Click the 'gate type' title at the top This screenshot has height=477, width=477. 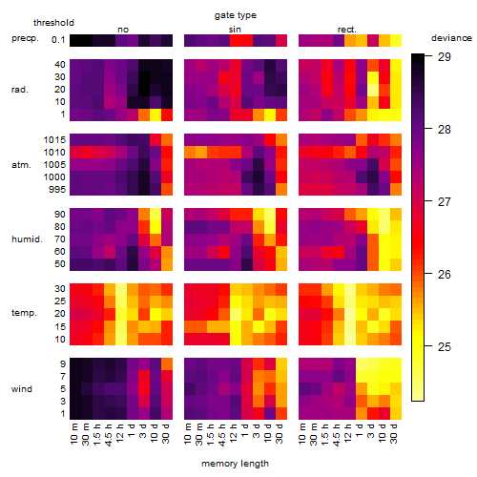pyautogui.click(x=236, y=15)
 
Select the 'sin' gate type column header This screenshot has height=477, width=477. pyautogui.click(x=235, y=30)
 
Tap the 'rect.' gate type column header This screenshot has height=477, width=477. pyautogui.click(x=346, y=30)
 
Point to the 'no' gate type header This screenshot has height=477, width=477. pyautogui.click(x=123, y=30)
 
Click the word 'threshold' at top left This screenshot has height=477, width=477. pyautogui.click(x=53, y=23)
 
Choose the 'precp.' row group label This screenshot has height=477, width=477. pyautogui.click(x=25, y=38)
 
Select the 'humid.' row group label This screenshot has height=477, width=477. pyautogui.click(x=27, y=238)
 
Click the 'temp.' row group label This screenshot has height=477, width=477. pyautogui.click(x=24, y=313)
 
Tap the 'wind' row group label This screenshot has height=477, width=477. pyautogui.click(x=22, y=388)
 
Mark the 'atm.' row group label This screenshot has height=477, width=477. pyautogui.click(x=21, y=165)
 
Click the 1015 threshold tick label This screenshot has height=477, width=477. pyautogui.click(x=54, y=140)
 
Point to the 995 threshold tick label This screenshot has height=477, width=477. pyautogui.click(x=57, y=190)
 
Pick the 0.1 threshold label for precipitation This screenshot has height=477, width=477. pyautogui.click(x=58, y=40)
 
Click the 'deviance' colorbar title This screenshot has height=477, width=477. pyautogui.click(x=451, y=38)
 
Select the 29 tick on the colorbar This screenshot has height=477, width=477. pyautogui.click(x=445, y=57)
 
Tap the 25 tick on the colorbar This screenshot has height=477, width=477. pyautogui.click(x=445, y=346)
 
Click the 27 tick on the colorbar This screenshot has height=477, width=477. pyautogui.click(x=445, y=202)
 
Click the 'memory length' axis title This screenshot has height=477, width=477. pyautogui.click(x=235, y=464)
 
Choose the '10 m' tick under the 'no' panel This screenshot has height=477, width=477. pyautogui.click(x=74, y=433)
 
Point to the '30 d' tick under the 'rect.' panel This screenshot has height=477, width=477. pyautogui.click(x=394, y=433)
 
